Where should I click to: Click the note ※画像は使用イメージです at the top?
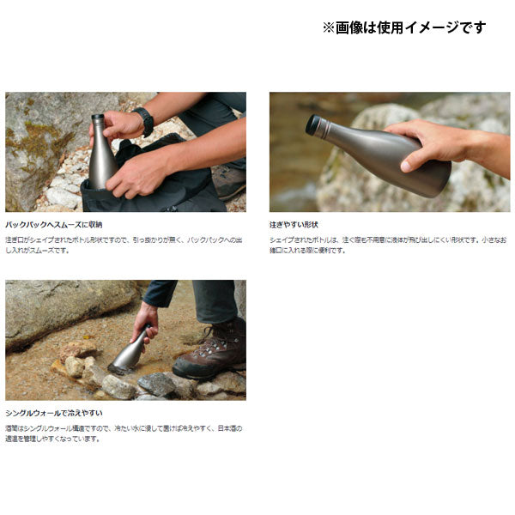(403, 27)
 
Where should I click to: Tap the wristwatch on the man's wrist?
(143, 121)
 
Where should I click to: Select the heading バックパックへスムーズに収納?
(53, 224)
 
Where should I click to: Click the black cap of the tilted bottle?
(314, 124)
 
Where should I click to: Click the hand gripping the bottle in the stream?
(144, 323)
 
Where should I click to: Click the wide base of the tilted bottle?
(433, 176)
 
